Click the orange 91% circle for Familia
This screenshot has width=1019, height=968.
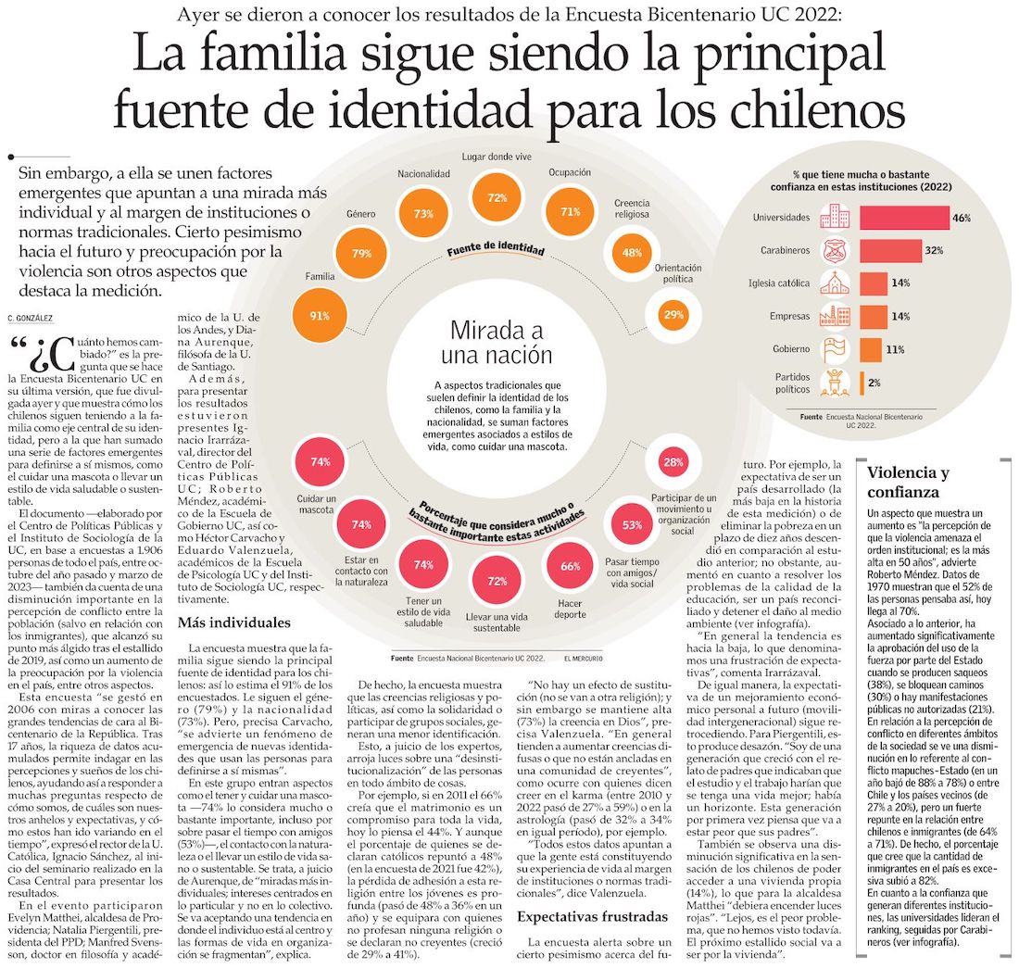(320, 315)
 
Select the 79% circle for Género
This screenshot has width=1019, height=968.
(361, 253)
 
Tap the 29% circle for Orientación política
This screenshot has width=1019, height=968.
(674, 315)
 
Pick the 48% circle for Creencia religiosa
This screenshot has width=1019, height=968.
(633, 253)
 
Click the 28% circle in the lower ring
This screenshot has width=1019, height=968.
(674, 462)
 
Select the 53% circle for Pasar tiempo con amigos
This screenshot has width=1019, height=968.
(633, 525)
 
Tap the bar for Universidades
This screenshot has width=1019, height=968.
(904, 218)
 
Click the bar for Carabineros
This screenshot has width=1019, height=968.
(890, 250)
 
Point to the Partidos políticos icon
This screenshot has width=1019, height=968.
(836, 382)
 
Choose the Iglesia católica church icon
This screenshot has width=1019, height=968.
(836, 283)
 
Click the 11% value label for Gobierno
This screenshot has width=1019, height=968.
(894, 350)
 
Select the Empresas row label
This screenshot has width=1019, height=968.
(789, 317)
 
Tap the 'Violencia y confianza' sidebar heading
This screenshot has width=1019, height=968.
(908, 483)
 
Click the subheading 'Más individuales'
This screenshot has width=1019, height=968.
(234, 622)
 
